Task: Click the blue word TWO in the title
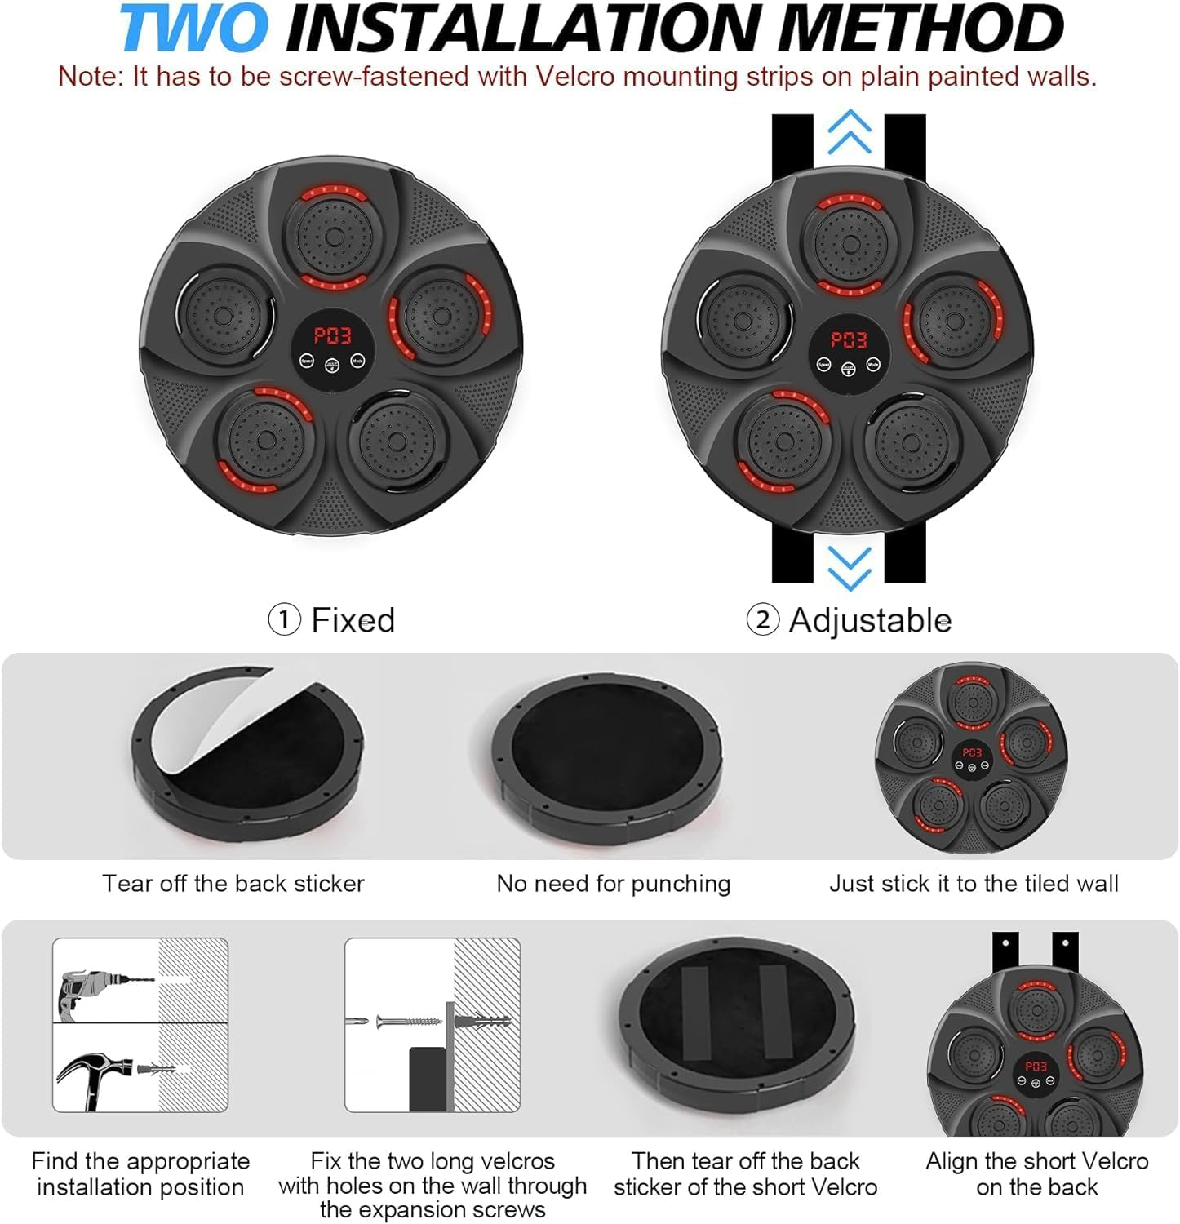(x=193, y=28)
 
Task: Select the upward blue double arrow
(x=849, y=132)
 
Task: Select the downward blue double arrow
(x=849, y=568)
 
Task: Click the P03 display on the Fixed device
(x=333, y=335)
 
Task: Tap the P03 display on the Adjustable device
(x=849, y=340)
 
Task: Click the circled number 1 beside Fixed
(x=283, y=620)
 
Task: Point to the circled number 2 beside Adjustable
(x=762, y=620)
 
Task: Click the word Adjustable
(x=870, y=621)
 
